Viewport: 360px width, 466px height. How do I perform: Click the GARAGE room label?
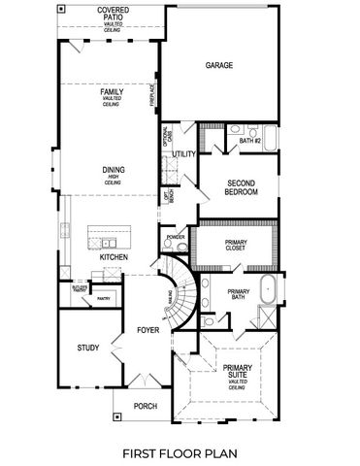(x=220, y=66)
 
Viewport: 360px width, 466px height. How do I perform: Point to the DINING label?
(x=114, y=170)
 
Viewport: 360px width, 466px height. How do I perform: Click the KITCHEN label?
(x=115, y=257)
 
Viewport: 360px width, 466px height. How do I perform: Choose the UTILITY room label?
(x=184, y=153)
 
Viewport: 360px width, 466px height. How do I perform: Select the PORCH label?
(x=144, y=406)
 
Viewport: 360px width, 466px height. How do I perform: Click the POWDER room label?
(x=176, y=237)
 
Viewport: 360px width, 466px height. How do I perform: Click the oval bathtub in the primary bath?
(x=269, y=290)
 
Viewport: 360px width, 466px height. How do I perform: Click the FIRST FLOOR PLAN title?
(x=180, y=452)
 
